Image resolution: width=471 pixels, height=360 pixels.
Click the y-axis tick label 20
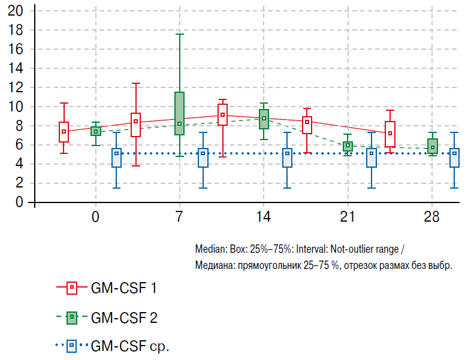16,11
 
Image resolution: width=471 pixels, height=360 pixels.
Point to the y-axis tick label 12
16,87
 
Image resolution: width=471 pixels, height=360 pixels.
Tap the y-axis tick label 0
19,202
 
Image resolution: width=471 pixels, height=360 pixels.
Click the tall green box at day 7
179,113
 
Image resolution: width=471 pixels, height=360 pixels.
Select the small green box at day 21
348,146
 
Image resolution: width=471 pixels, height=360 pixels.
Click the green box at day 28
432,146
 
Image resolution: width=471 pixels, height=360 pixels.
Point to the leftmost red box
64,132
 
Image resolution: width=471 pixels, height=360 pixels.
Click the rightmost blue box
455,158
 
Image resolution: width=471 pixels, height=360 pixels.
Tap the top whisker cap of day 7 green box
179,34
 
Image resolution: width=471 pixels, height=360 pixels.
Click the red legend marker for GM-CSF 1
71,288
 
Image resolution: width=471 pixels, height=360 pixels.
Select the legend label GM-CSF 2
124,317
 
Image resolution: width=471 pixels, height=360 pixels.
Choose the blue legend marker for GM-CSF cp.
71,345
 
